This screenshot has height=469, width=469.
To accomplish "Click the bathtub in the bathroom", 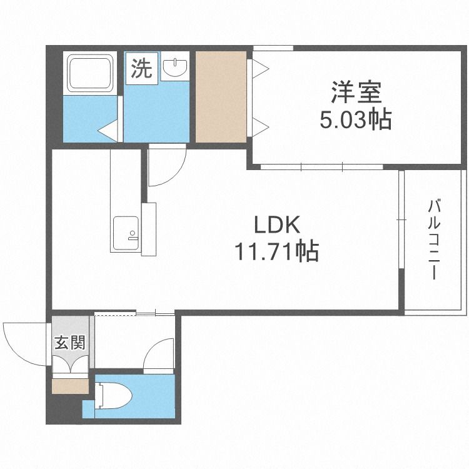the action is (x=91, y=73).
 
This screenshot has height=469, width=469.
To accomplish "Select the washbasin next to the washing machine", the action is (x=175, y=67).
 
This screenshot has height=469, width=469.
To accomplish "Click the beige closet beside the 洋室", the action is (x=221, y=96).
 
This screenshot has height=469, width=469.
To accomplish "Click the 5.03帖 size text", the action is (x=356, y=119).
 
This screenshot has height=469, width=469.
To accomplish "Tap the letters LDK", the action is (x=276, y=225).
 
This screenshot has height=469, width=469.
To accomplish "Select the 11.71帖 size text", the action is (x=276, y=251).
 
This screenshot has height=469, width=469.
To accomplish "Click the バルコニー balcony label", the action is (x=434, y=240).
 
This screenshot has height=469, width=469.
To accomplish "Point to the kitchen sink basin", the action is (x=126, y=233).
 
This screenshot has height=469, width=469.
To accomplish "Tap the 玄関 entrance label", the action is (x=70, y=343).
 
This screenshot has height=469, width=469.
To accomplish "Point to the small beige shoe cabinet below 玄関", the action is (x=70, y=386).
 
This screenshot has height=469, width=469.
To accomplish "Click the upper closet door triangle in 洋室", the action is (x=260, y=69).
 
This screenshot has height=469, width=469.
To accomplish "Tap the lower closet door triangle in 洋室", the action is (x=260, y=127).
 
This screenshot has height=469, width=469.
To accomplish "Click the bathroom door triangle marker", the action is (x=108, y=131).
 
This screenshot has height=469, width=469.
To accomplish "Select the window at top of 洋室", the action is (x=273, y=48).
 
